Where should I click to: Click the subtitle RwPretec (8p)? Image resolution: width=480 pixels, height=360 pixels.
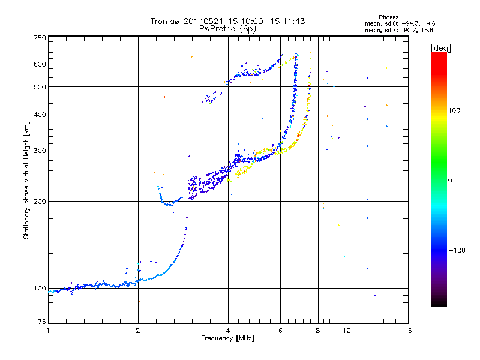[227, 29]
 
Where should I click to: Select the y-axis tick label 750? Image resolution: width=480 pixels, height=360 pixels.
[40, 38]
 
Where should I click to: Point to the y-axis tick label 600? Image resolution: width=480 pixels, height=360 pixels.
[40, 64]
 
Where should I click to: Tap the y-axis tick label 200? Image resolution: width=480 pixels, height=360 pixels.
[40, 202]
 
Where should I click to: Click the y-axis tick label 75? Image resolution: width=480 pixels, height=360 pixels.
[42, 322]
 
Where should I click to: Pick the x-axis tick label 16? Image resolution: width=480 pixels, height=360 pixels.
[408, 331]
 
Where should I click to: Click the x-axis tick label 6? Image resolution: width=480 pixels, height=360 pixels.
[280, 331]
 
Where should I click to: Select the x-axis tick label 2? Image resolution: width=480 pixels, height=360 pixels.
[138, 331]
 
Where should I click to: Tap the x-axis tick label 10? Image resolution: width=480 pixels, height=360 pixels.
[347, 331]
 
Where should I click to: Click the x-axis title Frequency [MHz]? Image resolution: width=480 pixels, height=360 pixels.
[227, 338]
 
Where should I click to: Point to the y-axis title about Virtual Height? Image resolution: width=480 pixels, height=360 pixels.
[26, 180]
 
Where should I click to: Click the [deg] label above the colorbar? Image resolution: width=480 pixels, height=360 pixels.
[440, 48]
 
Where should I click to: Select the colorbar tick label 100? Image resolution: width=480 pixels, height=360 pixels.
[454, 110]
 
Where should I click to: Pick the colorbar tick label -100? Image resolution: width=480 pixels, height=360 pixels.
[457, 250]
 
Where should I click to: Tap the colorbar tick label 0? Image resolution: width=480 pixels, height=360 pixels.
[450, 181]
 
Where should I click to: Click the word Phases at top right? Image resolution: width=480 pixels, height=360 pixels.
[388, 17]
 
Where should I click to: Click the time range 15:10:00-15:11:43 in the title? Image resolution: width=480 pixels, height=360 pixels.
[266, 21]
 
